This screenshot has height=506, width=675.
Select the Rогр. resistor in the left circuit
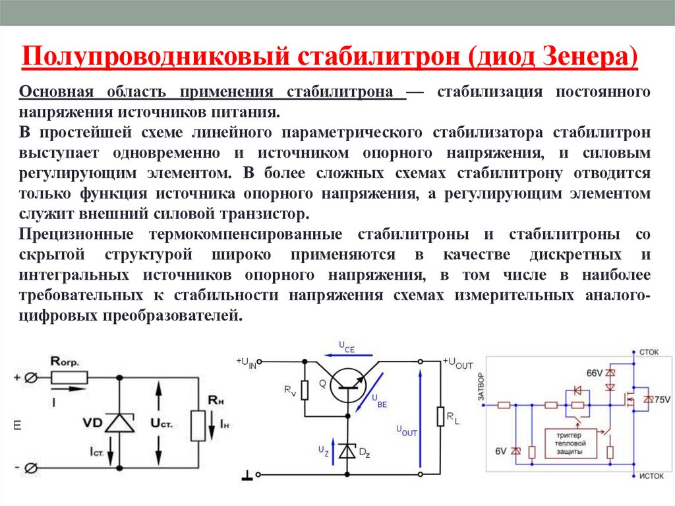coord(69,377)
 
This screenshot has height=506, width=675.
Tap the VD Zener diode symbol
coord(119,423)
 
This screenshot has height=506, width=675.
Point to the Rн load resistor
coord(198,426)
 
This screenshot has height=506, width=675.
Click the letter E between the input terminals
coord(17,426)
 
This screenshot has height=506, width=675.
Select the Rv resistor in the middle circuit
coord(305,391)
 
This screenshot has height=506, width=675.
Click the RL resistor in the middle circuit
coord(440,417)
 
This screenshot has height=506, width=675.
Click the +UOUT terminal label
coord(458,362)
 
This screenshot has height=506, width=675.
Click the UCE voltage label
coord(347,348)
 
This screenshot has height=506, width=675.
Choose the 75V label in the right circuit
coord(662,400)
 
